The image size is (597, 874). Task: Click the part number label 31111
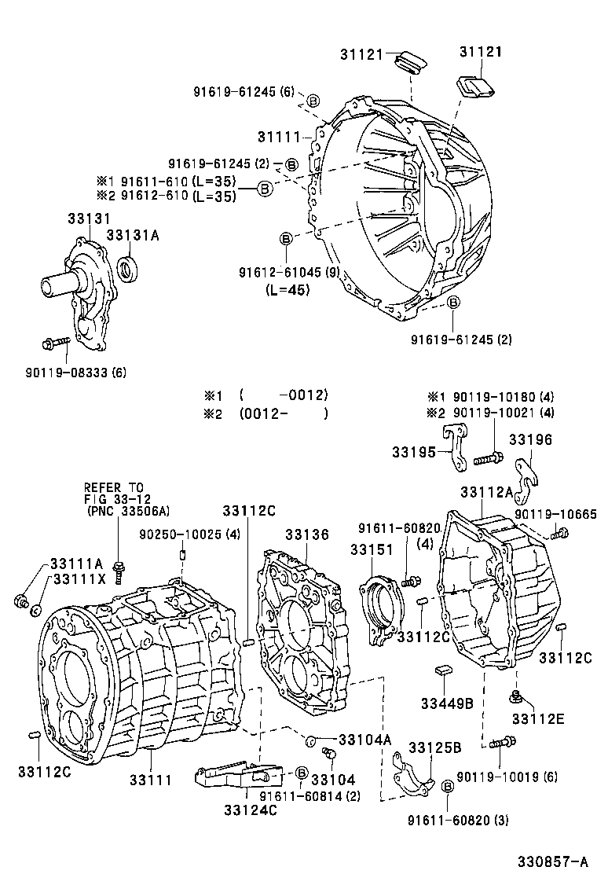coord(280,137)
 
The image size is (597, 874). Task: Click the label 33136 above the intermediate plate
coord(306,534)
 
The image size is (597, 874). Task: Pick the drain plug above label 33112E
coord(517,696)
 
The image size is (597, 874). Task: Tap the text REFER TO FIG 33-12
coord(114,493)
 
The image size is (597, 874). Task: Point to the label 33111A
coord(76,563)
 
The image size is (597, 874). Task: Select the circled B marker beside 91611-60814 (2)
coord(301,773)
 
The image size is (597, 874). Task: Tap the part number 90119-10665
coord(555,514)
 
